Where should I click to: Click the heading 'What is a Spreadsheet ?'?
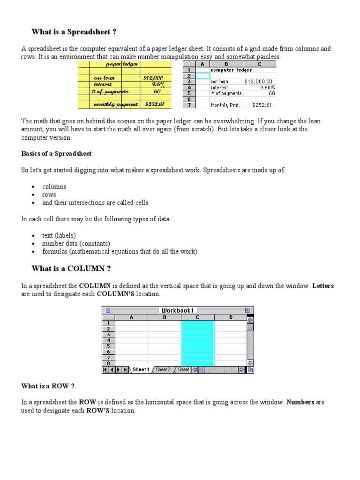tap(74, 32)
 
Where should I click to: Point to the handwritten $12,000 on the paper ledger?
tap(153, 78)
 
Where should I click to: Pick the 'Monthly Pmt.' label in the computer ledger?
tap(225, 105)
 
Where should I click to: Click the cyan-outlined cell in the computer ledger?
tap(202, 75)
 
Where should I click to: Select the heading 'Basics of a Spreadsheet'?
tap(56, 154)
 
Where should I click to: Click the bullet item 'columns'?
tap(54, 187)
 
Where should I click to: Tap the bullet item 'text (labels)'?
tap(59, 235)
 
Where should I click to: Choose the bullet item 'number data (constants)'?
tap(76, 244)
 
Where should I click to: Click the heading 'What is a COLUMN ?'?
tap(71, 269)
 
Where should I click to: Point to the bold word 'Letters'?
tap(323, 286)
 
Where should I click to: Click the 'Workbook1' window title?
tap(178, 310)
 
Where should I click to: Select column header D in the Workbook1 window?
tap(231, 317)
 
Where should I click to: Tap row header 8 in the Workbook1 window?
tap(108, 363)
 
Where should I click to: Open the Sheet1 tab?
tap(141, 370)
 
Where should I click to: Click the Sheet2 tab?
tap(163, 370)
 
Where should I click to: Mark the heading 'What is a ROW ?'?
tap(48, 386)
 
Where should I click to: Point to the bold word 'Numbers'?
tap(300, 402)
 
